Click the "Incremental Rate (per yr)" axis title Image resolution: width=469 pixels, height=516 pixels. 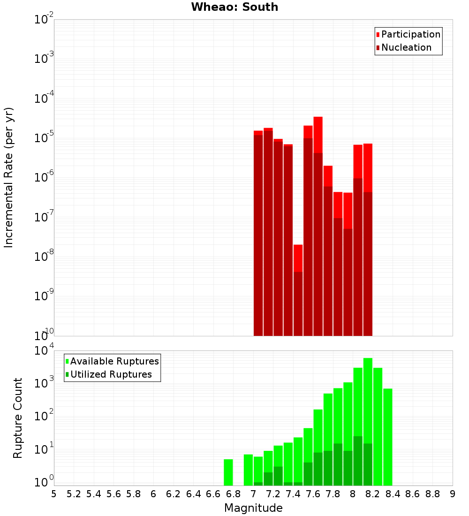[9, 178]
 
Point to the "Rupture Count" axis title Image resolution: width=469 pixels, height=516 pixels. [18, 418]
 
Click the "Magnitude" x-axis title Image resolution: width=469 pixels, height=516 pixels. [253, 508]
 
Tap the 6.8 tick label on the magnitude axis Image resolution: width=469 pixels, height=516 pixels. [233, 494]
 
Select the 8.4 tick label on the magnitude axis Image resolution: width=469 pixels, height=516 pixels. [393, 494]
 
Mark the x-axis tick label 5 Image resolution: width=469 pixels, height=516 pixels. [54, 494]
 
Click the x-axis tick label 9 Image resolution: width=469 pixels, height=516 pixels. [453, 494]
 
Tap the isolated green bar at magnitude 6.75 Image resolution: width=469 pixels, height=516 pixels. [228, 472]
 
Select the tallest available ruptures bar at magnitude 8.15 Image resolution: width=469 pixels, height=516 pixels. [368, 399]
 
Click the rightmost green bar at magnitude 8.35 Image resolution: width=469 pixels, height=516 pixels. [387, 437]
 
